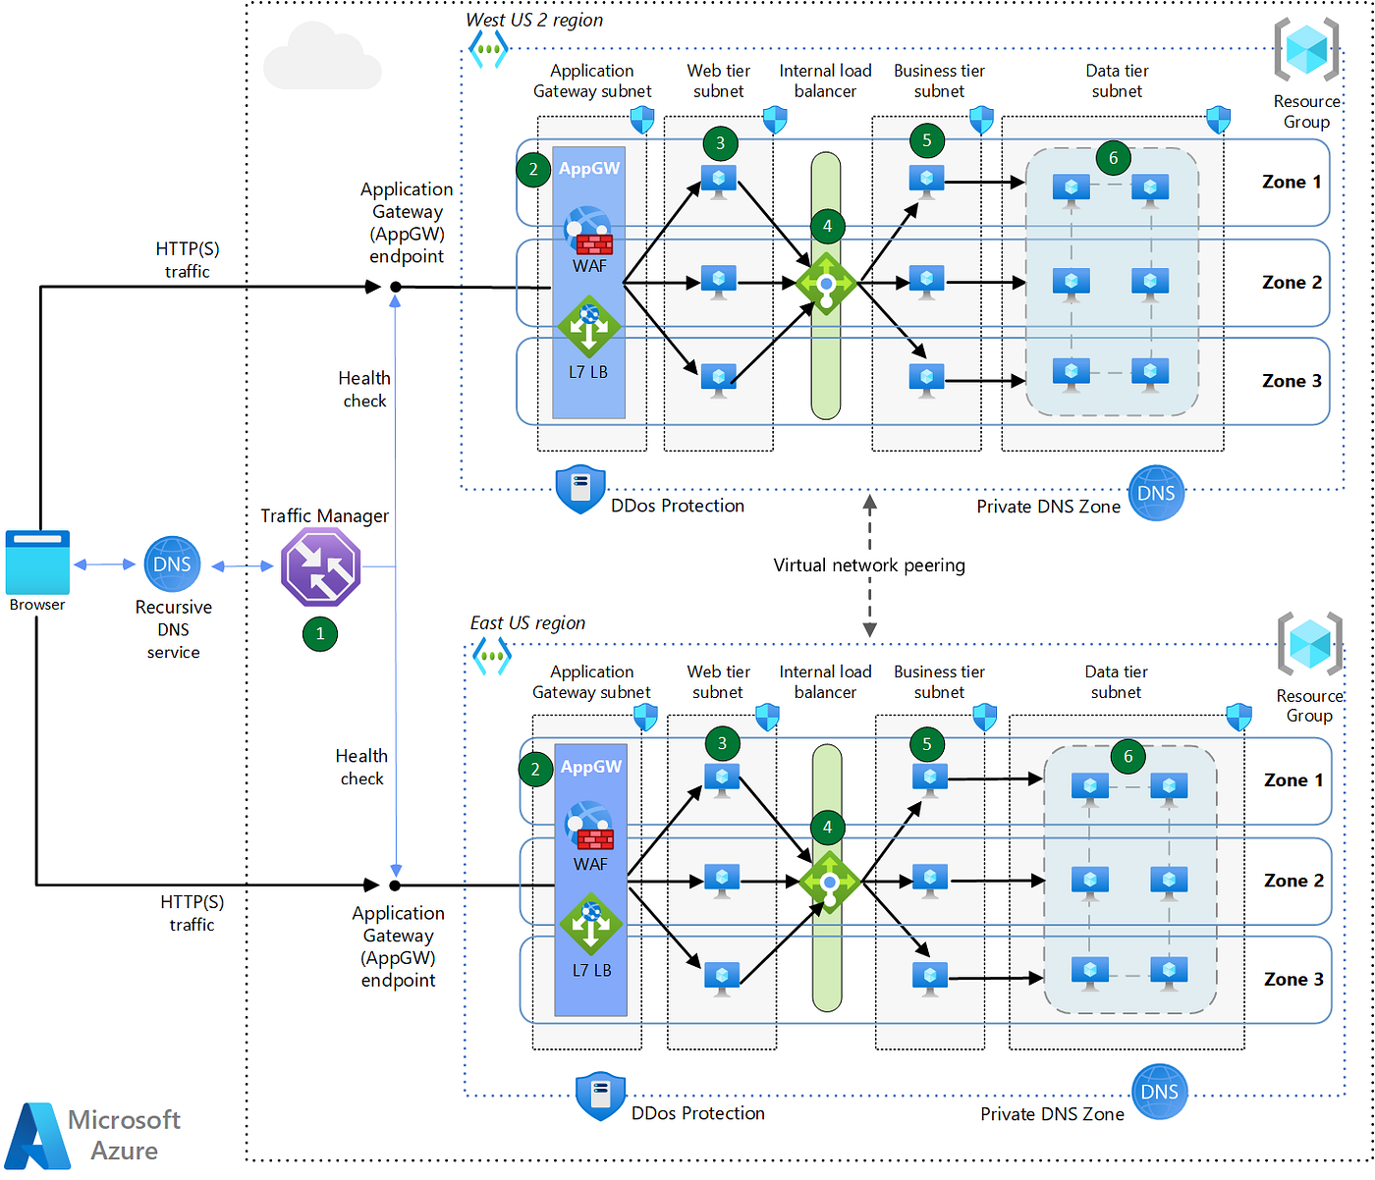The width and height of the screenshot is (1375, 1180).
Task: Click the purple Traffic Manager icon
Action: tap(320, 565)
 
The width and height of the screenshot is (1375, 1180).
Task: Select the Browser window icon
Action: tap(37, 562)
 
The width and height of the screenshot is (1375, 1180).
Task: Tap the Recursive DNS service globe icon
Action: tap(172, 563)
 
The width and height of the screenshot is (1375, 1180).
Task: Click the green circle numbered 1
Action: tap(320, 633)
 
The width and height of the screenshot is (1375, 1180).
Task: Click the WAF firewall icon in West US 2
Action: tap(588, 231)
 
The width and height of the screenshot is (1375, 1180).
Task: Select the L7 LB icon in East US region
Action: tap(590, 924)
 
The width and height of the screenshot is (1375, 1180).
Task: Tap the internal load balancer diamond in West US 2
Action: tap(826, 283)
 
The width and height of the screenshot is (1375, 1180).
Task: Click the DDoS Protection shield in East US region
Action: tap(600, 1097)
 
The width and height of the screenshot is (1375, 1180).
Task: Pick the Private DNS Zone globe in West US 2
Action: tap(1156, 493)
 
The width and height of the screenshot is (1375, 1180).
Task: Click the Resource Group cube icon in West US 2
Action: tap(1306, 49)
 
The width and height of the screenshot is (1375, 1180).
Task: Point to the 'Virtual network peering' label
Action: tap(869, 565)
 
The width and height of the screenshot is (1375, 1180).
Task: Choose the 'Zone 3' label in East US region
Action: tap(1293, 979)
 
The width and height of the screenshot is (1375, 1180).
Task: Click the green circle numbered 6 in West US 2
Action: tap(1113, 157)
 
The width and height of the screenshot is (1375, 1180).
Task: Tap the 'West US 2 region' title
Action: tap(534, 20)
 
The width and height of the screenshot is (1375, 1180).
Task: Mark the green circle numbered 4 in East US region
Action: tap(827, 827)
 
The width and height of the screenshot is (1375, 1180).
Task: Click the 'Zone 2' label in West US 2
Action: tap(1292, 282)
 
